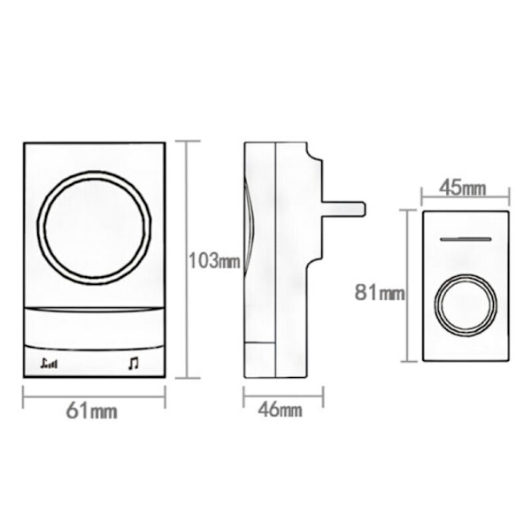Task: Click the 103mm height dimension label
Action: [x=214, y=261]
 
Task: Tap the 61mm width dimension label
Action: [x=92, y=412]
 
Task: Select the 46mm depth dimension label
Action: [x=280, y=410]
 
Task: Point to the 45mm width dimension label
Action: [x=462, y=188]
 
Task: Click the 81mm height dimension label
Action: [x=380, y=292]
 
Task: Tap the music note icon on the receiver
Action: [x=134, y=364]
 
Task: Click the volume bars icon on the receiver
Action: [x=49, y=364]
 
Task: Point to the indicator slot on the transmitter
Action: [x=466, y=239]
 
